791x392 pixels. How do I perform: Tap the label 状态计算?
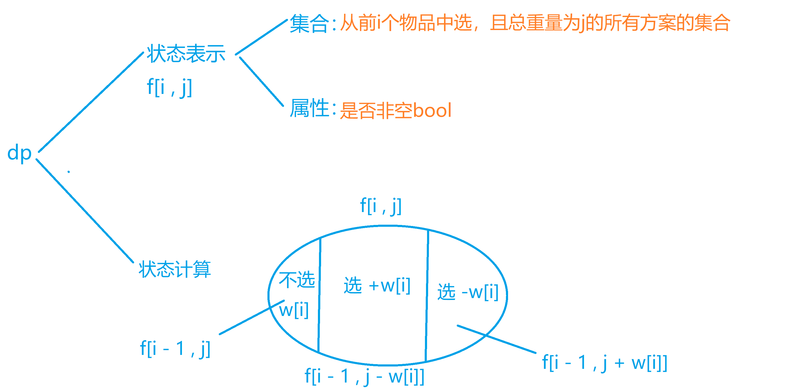click(174, 269)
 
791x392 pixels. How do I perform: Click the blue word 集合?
click(309, 23)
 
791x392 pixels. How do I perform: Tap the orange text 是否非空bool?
click(395, 110)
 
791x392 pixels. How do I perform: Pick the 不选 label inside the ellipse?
click(297, 280)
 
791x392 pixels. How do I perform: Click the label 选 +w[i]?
click(377, 286)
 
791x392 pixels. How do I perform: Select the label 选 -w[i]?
click(468, 292)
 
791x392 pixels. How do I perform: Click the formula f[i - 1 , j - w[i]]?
click(364, 376)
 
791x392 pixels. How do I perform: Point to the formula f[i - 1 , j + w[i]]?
click(605, 363)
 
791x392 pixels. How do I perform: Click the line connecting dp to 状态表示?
click(91, 102)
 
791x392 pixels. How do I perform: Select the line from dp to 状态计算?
click(85, 211)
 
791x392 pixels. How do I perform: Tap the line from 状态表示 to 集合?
click(261, 37)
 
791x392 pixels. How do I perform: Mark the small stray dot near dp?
click(68, 172)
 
